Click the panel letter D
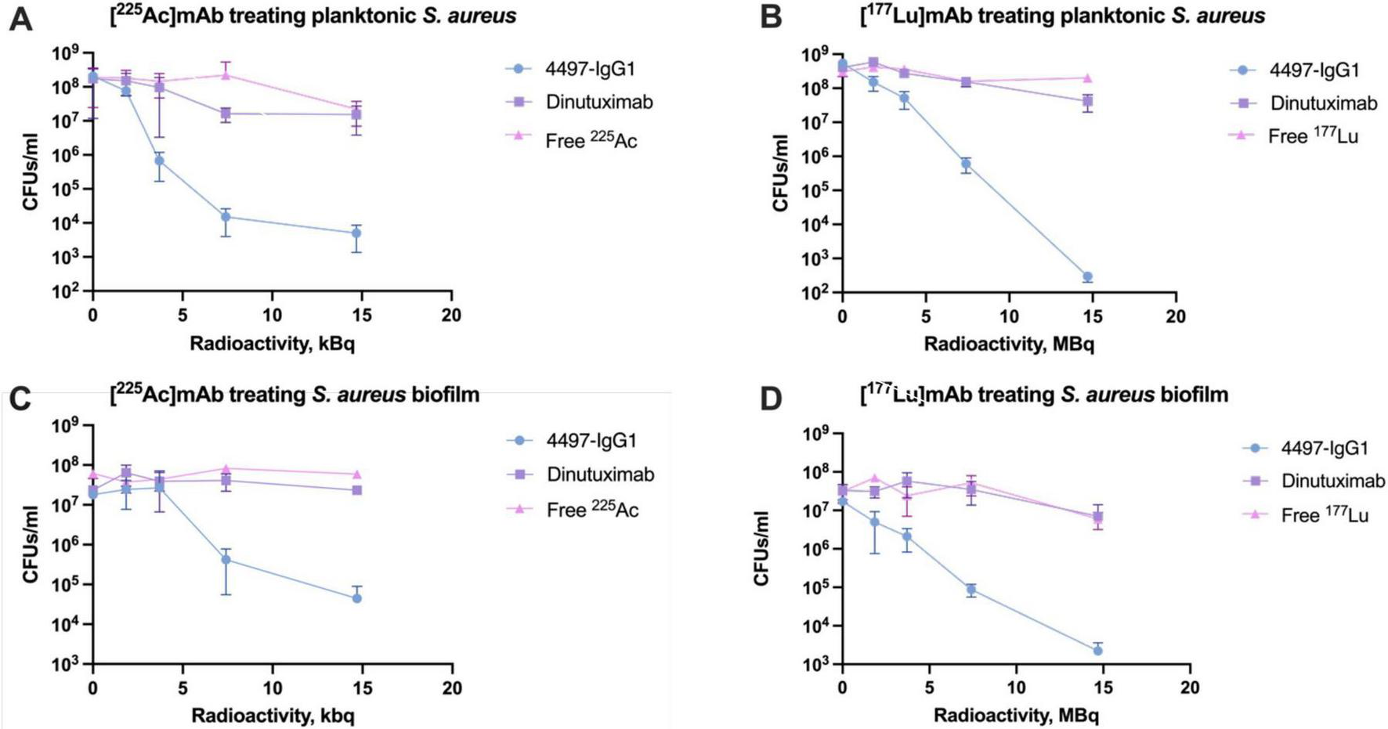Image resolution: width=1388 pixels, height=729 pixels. pyautogui.click(x=771, y=398)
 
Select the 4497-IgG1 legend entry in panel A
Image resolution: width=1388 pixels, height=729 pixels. pyautogui.click(x=590, y=69)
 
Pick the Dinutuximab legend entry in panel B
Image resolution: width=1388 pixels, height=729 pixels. pyautogui.click(x=1323, y=103)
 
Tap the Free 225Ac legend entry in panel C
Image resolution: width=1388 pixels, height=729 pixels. pyautogui.click(x=592, y=510)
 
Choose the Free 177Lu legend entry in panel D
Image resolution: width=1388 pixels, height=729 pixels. pyautogui.click(x=1324, y=515)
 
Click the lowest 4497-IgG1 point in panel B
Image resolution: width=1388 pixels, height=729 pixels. pyautogui.click(x=1087, y=277)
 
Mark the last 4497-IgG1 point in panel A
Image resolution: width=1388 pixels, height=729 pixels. pyautogui.click(x=356, y=233)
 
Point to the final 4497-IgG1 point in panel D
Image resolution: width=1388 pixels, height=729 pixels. pyautogui.click(x=1098, y=651)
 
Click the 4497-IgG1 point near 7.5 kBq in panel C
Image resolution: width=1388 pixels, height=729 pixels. pyautogui.click(x=226, y=559)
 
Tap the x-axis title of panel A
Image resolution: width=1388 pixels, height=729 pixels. pyautogui.click(x=272, y=343)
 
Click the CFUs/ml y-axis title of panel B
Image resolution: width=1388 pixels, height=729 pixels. pyautogui.click(x=780, y=173)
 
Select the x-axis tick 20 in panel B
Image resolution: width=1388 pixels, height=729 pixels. pyautogui.click(x=1176, y=316)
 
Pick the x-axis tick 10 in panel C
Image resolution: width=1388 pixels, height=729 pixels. pyautogui.click(x=273, y=688)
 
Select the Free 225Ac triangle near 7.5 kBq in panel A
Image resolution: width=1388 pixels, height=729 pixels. pyautogui.click(x=226, y=75)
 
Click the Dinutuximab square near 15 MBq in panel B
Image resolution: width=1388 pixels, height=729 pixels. pyautogui.click(x=1087, y=102)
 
